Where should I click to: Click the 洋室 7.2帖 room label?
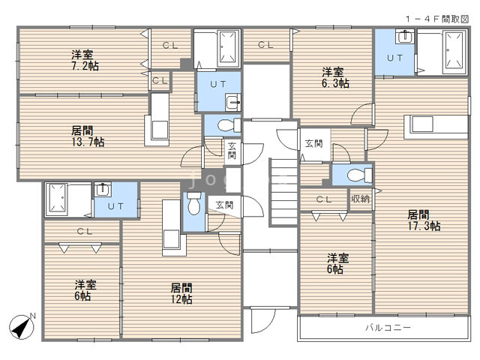click(85, 60)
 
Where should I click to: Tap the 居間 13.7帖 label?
click(88, 136)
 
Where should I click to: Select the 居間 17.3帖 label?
click(424, 220)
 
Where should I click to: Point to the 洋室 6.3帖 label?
click(335, 78)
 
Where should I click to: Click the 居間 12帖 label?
click(181, 293)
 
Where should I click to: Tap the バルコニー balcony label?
click(388, 328)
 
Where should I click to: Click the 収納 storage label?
click(361, 199)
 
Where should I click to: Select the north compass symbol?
click(22, 326)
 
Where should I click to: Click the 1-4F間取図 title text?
click(437, 19)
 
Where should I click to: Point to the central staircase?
click(283, 193)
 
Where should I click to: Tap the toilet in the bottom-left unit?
click(194, 204)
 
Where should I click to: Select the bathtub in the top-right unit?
click(454, 52)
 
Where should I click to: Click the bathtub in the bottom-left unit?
click(57, 199)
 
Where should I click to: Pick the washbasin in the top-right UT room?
click(405, 37)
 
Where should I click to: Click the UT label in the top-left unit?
click(218, 84)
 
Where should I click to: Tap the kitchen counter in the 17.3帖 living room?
click(436, 127)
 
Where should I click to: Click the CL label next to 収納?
click(324, 199)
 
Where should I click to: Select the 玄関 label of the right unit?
click(313, 143)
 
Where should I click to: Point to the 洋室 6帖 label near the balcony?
click(337, 263)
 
